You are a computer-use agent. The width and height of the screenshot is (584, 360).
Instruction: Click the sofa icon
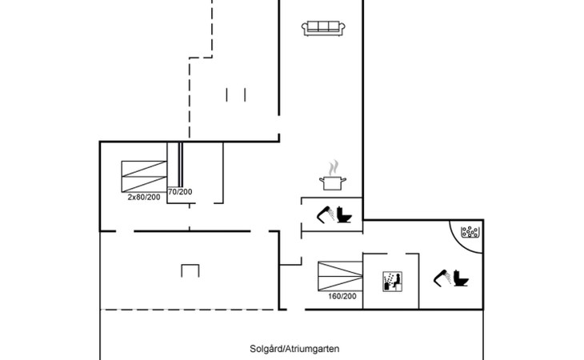(324, 28)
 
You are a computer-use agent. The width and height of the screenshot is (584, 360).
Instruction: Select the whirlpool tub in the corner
(470, 233)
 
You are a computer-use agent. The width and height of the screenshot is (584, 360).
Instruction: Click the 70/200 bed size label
(180, 192)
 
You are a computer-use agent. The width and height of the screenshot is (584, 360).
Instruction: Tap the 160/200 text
(342, 297)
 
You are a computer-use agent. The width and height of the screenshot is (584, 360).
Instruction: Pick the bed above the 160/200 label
(340, 276)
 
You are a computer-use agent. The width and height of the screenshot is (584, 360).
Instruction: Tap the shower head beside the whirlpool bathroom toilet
(442, 276)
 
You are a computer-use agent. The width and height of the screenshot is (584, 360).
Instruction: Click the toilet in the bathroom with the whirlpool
(462, 278)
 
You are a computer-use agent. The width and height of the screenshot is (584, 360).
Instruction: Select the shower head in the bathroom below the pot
(325, 214)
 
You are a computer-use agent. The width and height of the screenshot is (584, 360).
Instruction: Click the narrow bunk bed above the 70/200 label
(181, 164)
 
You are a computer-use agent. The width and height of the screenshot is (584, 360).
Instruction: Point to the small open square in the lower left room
(189, 270)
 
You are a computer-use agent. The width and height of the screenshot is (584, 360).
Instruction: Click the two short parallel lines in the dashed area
(236, 94)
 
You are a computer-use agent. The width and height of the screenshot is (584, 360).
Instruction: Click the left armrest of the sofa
(305, 29)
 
